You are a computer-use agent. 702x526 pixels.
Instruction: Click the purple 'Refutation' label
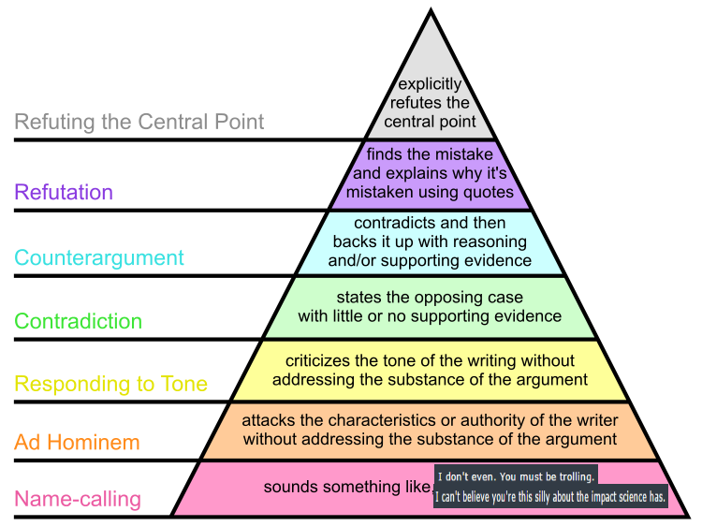[64, 193]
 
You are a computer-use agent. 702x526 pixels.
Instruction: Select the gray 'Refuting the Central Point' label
[139, 122]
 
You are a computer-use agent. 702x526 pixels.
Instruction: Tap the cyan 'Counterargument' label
[99, 258]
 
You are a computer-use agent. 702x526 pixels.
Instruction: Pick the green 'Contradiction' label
[79, 322]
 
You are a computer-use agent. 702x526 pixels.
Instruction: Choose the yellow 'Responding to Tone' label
[111, 384]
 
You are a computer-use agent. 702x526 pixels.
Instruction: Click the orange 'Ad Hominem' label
[77, 443]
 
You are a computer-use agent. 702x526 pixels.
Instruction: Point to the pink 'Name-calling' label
[78, 500]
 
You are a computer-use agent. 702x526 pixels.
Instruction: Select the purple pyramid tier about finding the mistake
[430, 174]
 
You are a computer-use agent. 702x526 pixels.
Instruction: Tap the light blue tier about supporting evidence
[430, 241]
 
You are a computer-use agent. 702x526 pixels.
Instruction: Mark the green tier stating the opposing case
[430, 307]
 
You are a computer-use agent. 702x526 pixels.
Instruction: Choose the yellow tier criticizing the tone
[430, 370]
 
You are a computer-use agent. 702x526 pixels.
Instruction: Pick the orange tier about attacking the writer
[430, 431]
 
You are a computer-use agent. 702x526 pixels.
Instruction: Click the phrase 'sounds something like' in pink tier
[347, 488]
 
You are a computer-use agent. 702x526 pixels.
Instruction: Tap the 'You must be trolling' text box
[516, 476]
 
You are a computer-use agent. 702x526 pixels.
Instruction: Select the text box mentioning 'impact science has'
[551, 497]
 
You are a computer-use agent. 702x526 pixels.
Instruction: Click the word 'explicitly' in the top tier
[431, 85]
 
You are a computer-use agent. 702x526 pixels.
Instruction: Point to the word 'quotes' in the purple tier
[490, 192]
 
